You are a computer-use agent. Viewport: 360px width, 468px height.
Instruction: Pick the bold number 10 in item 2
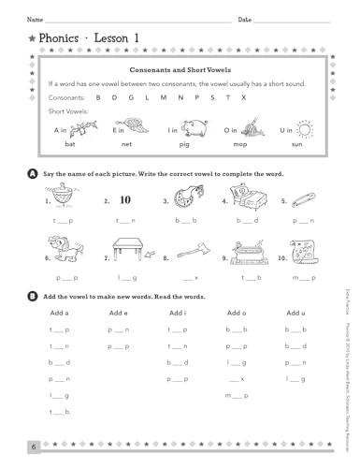pos(124,199)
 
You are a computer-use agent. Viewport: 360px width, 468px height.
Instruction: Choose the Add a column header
pos(59,313)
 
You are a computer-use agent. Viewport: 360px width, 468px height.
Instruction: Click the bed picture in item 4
pos(246,200)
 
